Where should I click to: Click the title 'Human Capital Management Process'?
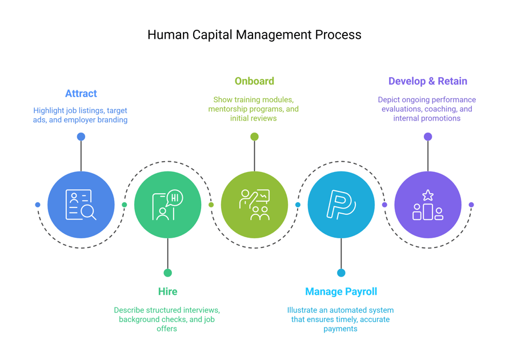point(254,35)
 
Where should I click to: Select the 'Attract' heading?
point(81,93)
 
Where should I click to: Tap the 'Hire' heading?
point(167,291)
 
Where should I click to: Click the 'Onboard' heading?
point(254,81)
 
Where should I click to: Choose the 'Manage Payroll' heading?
point(341,291)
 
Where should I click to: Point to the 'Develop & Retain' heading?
point(427,81)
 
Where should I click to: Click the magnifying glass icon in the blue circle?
point(88,212)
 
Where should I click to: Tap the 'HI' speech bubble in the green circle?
point(174,198)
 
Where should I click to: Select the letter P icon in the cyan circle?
point(340,205)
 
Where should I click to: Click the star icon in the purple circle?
point(427,195)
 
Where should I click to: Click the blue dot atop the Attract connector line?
point(81,137)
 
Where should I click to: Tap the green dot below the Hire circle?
point(167,273)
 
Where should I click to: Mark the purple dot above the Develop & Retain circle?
point(428,137)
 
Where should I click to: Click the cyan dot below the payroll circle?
point(341,273)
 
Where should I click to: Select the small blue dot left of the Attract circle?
point(38,205)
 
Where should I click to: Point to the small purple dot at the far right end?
point(471,205)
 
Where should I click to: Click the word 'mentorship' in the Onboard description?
point(229,109)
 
